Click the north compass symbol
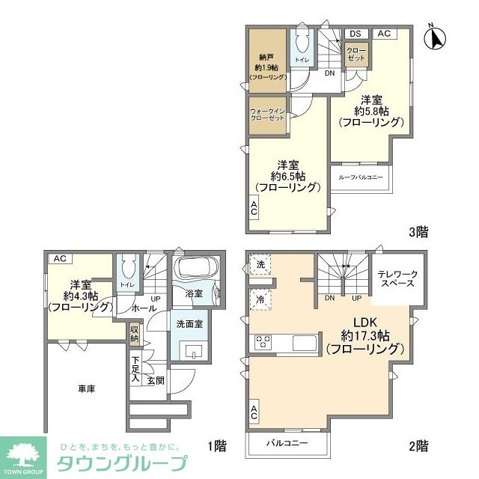(434, 37)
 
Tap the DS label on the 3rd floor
(355, 33)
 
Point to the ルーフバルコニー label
(361, 177)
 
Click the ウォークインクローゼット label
(266, 115)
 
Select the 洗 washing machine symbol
(260, 264)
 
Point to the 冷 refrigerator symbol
(260, 299)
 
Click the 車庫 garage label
(85, 389)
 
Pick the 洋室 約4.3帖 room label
(80, 295)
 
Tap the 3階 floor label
(418, 232)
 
